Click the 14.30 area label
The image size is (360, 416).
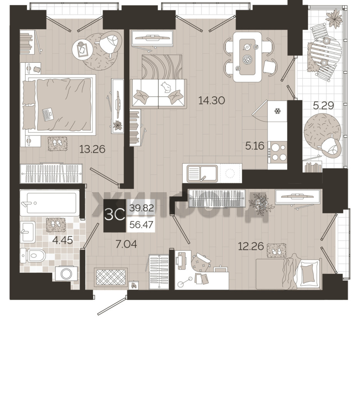point(212,100)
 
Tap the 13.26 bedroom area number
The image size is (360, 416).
point(92,149)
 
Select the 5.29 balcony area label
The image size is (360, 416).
point(323,106)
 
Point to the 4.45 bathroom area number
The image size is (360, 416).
point(63,240)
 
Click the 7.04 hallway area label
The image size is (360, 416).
point(126,244)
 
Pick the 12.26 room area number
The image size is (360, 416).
point(251,246)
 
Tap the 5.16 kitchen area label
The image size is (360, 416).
point(255,146)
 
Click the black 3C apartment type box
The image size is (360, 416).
point(115,215)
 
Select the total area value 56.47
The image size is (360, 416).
point(141,225)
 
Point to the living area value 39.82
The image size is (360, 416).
point(142,208)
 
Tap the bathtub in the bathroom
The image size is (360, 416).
point(50,203)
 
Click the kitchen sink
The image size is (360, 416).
point(202,174)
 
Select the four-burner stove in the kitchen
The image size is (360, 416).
point(278,152)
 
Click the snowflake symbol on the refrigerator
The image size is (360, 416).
point(278,111)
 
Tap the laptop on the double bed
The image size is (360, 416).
point(47,114)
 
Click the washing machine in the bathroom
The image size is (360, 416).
point(66,273)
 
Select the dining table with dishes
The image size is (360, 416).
point(247,57)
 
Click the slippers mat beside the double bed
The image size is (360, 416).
point(57,144)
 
